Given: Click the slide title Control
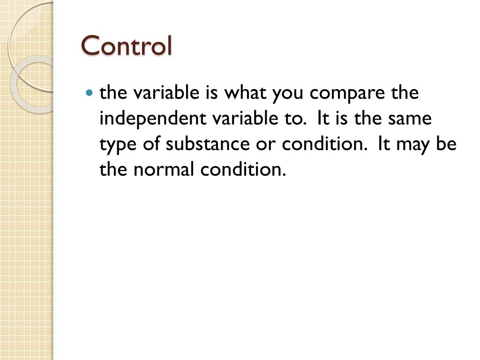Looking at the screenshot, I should (127, 45).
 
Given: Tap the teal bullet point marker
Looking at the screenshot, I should (90, 93).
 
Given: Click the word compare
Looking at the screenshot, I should (348, 93).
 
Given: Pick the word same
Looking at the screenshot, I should (410, 119).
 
